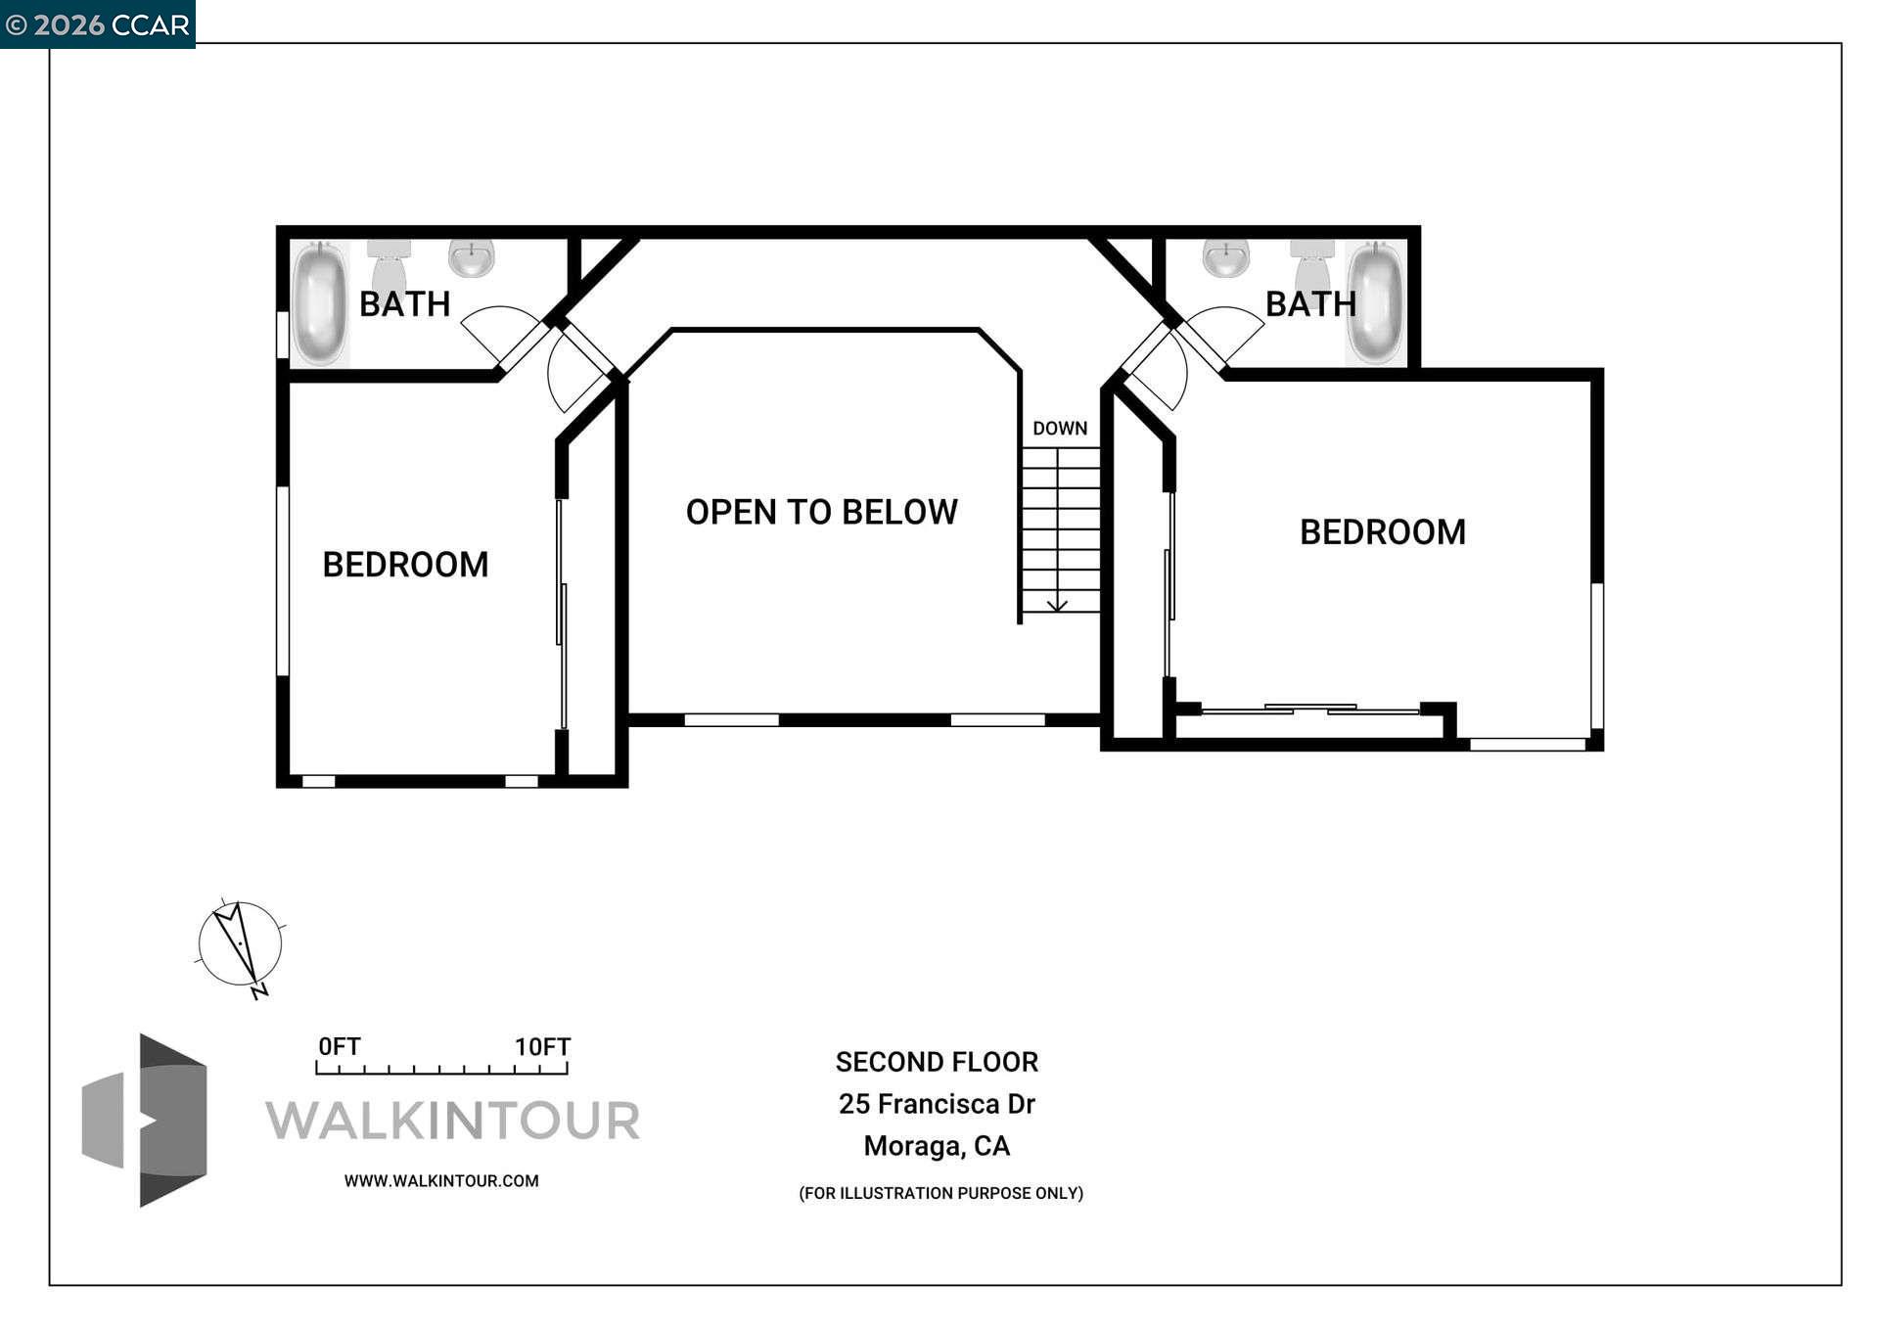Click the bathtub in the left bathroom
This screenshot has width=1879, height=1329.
click(319, 303)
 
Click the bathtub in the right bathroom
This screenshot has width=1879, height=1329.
click(1375, 303)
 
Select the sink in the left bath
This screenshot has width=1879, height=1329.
click(471, 257)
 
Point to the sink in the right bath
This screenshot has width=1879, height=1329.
click(1225, 257)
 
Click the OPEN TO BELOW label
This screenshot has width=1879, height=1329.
click(821, 512)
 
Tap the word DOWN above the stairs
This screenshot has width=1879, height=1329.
click(1060, 429)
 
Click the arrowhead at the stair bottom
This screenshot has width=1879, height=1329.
click(1057, 606)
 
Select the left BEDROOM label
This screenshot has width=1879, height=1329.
click(405, 565)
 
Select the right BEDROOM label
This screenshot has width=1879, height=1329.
click(1382, 532)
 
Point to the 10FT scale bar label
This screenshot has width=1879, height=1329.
click(542, 1046)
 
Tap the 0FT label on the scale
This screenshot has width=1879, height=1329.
click(339, 1046)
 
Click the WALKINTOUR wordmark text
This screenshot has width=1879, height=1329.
click(452, 1121)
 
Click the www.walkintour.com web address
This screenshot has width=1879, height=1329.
click(440, 1181)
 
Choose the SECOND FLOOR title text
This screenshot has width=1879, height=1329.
click(937, 1062)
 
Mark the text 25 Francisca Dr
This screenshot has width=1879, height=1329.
click(937, 1104)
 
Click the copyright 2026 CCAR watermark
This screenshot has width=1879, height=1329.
click(97, 24)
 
